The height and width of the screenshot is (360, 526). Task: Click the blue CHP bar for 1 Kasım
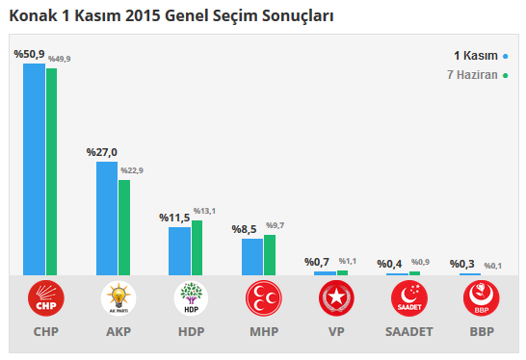point(34,169)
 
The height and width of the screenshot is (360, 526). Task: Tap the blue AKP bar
point(106,219)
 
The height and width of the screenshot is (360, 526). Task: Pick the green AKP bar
point(124,227)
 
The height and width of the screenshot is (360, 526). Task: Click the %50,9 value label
point(29,55)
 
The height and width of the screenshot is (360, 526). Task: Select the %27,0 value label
point(101,152)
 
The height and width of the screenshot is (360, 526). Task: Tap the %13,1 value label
point(204,211)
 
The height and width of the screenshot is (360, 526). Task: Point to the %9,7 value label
point(275,225)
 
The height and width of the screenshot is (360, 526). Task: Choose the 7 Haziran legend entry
point(477,74)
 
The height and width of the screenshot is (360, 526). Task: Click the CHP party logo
point(46,299)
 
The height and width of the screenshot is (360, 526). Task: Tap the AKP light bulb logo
point(118,299)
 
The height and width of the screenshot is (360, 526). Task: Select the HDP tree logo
point(191,299)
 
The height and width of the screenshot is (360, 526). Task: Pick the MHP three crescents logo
point(263,299)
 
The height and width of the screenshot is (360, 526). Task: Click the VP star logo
point(336,299)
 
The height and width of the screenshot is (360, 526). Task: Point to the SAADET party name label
point(408,332)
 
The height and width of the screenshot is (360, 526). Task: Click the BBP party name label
point(481,332)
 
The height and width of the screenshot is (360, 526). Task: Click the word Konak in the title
point(30,16)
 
